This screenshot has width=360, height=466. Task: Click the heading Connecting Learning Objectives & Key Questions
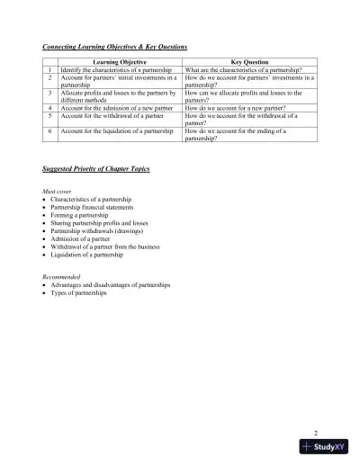115,46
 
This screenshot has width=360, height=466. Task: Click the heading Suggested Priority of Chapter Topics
96,169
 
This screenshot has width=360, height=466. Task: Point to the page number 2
316,432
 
